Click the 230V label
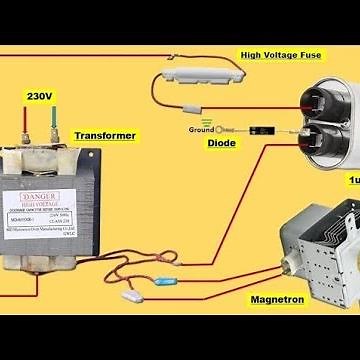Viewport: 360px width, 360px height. (39, 97)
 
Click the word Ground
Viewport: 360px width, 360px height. (200, 130)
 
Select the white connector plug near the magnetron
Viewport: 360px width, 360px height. (130, 296)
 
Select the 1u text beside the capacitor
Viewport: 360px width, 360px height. (353, 180)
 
